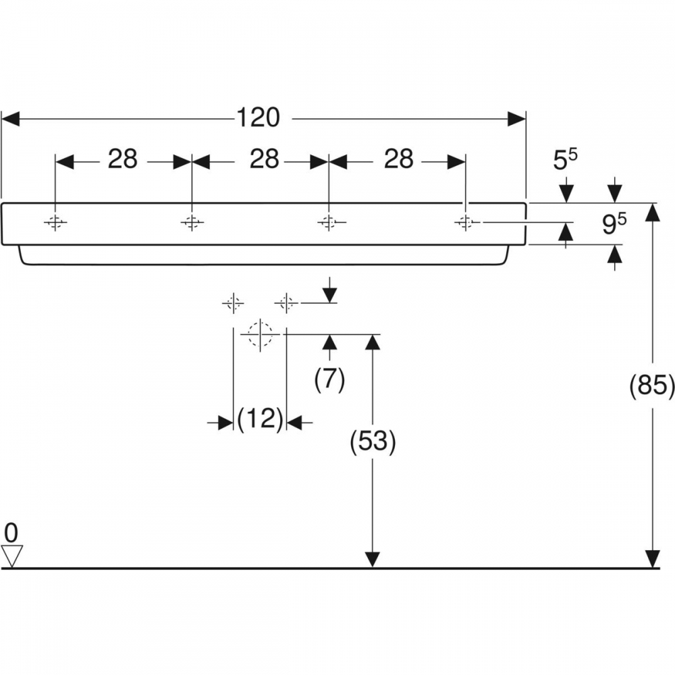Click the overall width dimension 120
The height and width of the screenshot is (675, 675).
[x=259, y=117]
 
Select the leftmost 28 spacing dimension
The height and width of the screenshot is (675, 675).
[x=123, y=159]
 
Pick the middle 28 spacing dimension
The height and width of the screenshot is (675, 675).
[x=265, y=159]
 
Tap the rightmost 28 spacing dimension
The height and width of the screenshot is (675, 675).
[x=399, y=159]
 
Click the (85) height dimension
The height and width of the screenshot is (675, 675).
[x=652, y=385]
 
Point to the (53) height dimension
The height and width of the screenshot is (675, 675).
[x=373, y=442]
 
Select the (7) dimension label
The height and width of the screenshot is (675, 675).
[x=329, y=380]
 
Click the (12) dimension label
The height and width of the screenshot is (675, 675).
[x=260, y=418]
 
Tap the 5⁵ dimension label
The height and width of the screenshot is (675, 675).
[x=565, y=160]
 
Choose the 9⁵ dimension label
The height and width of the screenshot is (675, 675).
[x=614, y=224]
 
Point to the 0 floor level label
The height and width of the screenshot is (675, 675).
[x=11, y=533]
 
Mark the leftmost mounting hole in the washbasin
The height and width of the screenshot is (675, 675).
[x=55, y=222]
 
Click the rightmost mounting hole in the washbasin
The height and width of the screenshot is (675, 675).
[x=465, y=222]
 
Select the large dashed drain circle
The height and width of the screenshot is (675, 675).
[x=260, y=334]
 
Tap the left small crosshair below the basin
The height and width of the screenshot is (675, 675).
[x=233, y=303]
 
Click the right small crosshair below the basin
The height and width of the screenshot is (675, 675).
[x=286, y=303]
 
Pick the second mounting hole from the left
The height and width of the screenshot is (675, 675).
[x=192, y=222]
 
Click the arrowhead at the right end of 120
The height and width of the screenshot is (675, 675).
[x=516, y=119]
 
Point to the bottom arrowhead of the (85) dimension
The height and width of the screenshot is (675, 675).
[x=653, y=559]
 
